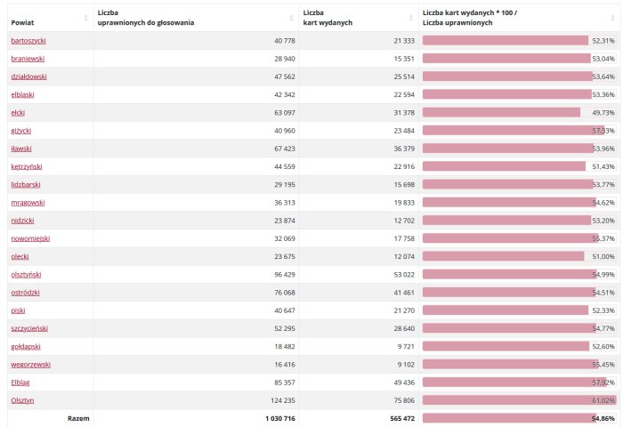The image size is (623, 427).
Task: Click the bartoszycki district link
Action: (28, 41)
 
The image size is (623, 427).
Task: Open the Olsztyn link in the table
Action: (22, 400)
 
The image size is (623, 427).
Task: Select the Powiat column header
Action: (22, 22)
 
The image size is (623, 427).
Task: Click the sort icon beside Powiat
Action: (85, 18)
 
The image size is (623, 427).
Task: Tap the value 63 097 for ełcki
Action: (285, 113)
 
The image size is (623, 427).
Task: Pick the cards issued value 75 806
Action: (404, 400)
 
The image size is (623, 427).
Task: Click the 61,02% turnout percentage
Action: (603, 400)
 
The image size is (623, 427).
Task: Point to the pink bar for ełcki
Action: (501, 112)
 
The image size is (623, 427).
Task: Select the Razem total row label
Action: (78, 418)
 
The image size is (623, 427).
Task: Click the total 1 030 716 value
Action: (280, 418)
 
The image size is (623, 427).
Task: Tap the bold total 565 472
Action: (402, 418)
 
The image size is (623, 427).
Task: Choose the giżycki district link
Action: (21, 131)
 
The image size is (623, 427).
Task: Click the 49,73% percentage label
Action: (603, 113)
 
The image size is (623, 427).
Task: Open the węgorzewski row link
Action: (30, 365)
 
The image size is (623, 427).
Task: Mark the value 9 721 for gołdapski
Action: (406, 347)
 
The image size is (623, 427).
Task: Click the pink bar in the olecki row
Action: (503, 256)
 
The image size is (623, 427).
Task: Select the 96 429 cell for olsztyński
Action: (285, 275)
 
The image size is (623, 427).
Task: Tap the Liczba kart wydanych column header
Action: (328, 18)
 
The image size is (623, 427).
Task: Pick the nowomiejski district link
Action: (30, 238)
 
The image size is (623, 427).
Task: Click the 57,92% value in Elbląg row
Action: (603, 383)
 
